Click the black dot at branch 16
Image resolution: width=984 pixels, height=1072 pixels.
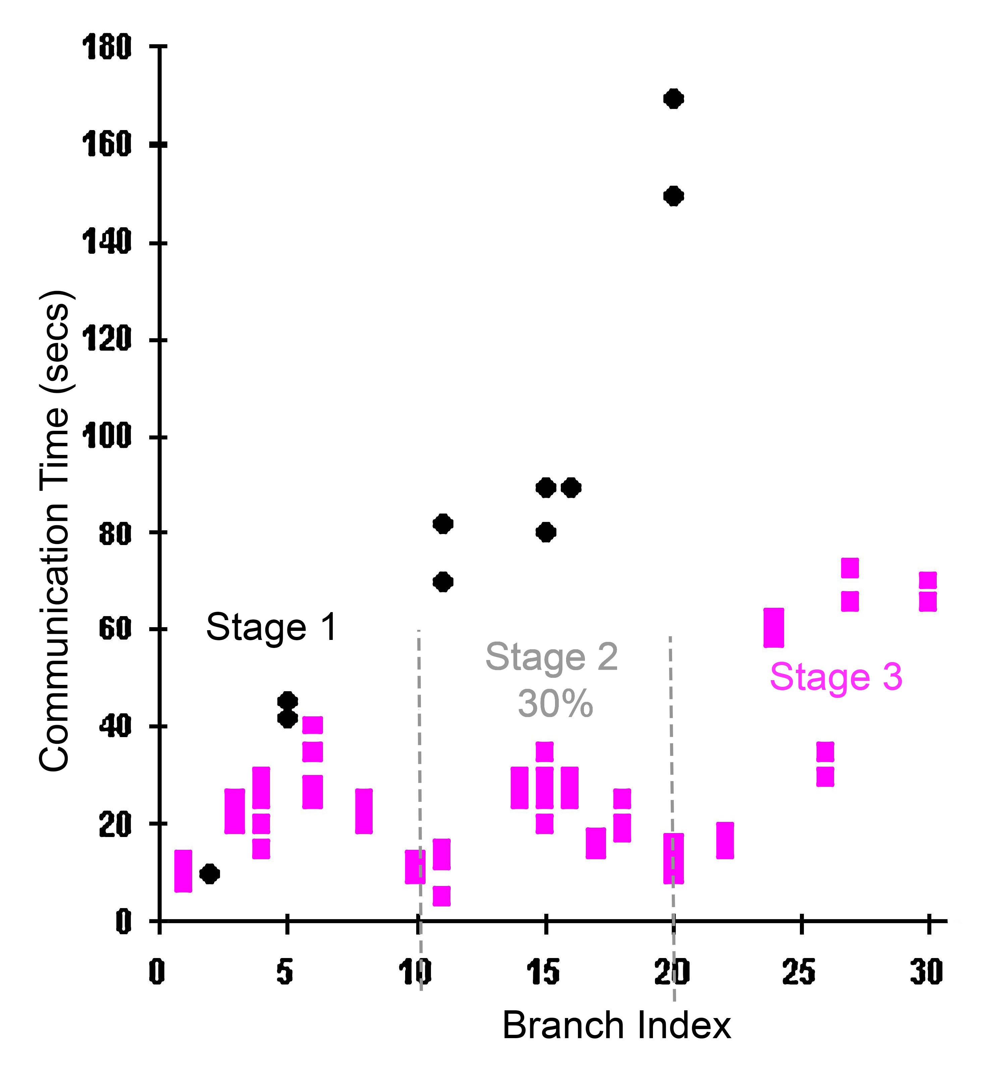[x=571, y=488]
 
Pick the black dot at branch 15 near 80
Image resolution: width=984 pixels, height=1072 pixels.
[x=545, y=532]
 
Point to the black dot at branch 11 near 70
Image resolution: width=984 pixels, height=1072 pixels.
[x=442, y=582]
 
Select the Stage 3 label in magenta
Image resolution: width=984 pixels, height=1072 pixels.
[x=836, y=677]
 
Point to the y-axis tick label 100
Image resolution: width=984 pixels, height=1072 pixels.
[x=107, y=436]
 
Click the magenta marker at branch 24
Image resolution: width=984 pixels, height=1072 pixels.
[x=774, y=628]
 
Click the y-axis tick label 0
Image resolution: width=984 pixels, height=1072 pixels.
[x=123, y=921]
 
